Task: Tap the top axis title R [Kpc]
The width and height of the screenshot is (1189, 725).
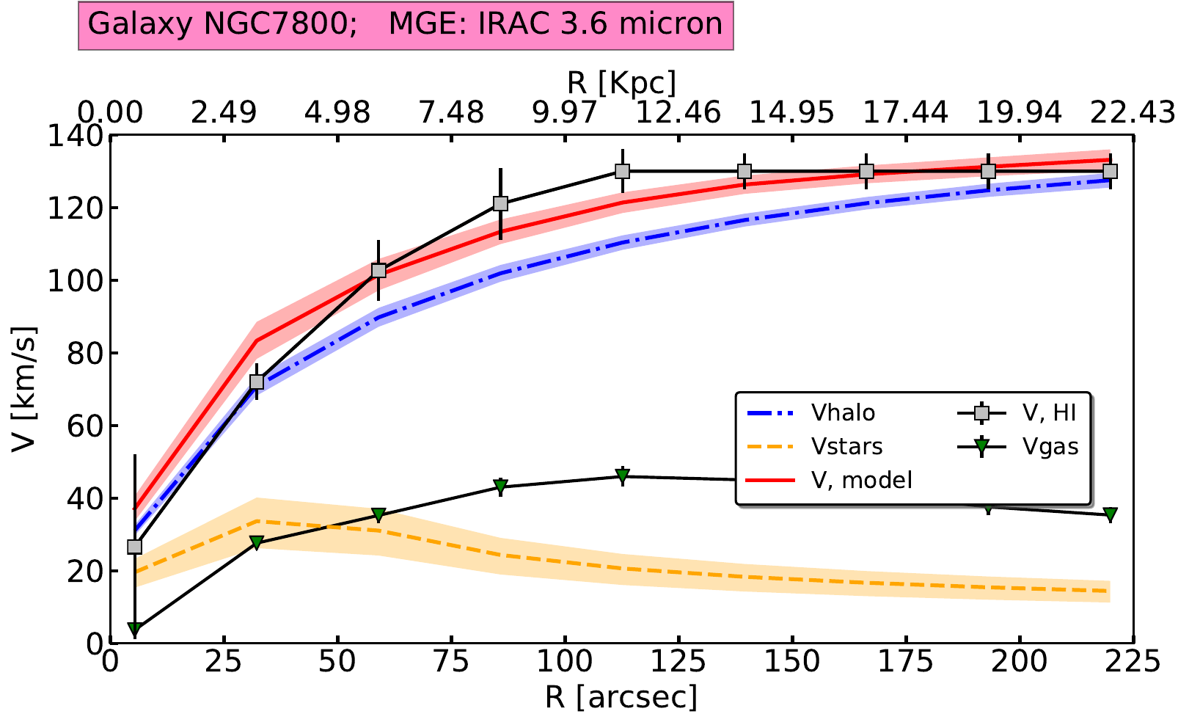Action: click(x=621, y=82)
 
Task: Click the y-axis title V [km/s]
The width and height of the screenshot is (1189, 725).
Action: click(x=24, y=389)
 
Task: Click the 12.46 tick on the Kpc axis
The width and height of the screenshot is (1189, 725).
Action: click(x=678, y=113)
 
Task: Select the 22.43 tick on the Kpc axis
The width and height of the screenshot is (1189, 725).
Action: click(x=1133, y=113)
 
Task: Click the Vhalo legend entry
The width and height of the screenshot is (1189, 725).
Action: click(x=843, y=413)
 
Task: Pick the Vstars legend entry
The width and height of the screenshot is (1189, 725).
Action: click(x=846, y=447)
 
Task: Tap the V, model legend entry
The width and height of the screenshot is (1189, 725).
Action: click(x=862, y=481)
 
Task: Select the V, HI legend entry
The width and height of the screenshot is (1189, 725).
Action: click(x=1049, y=413)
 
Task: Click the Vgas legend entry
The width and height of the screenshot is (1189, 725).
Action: click(x=1051, y=447)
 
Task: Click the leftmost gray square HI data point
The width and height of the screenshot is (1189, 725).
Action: click(x=134, y=547)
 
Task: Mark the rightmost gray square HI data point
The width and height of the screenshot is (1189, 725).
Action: click(x=1110, y=171)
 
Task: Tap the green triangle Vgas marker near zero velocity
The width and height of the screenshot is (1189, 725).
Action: click(x=134, y=629)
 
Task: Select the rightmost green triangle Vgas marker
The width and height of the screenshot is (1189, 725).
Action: click(x=1110, y=514)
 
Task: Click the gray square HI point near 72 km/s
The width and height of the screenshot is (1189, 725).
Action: click(x=257, y=382)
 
